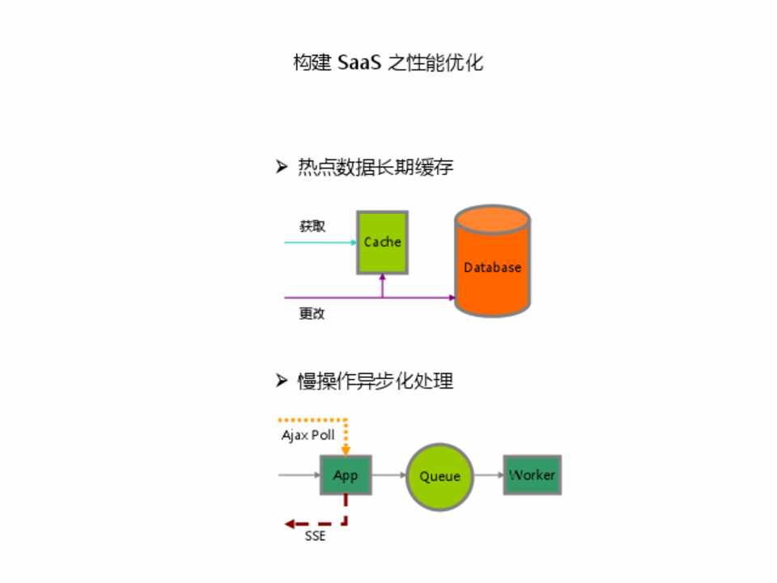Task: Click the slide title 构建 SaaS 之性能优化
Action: point(388,62)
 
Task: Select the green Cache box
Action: point(382,242)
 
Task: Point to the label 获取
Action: point(312,227)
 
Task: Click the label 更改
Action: point(312,313)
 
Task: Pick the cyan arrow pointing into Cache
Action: point(321,242)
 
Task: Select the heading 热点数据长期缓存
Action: point(376,168)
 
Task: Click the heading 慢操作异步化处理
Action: point(376,381)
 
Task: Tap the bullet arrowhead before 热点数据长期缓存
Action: point(282,167)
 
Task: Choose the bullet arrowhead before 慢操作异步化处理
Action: point(282,380)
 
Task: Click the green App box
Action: point(346,475)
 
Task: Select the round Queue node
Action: point(439,476)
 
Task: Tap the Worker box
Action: point(532,475)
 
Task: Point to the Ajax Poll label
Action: point(308,436)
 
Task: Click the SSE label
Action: point(316,536)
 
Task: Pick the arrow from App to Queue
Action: point(389,475)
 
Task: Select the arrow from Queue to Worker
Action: point(488,475)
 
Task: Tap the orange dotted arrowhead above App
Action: point(346,450)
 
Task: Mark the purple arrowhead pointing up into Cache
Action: point(382,279)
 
